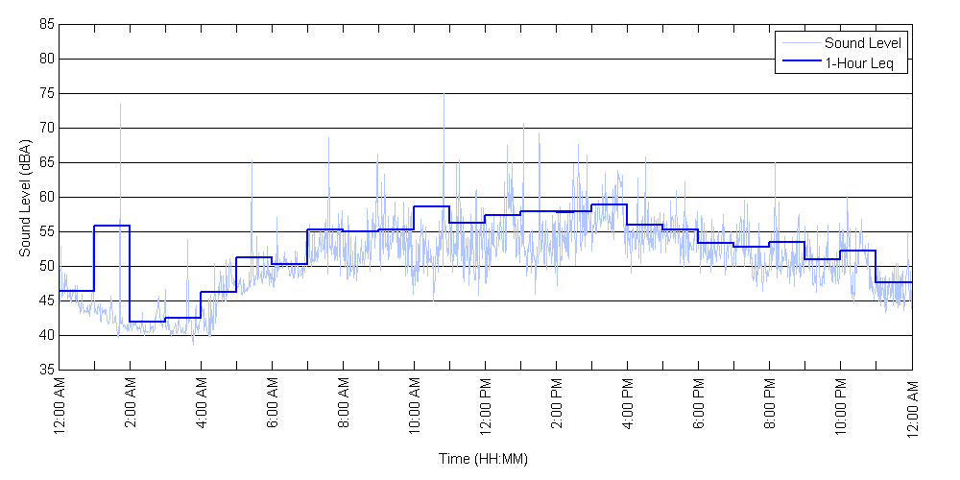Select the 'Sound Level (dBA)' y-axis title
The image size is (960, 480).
pyautogui.click(x=25, y=197)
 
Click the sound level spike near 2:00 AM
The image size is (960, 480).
pyautogui.click(x=120, y=106)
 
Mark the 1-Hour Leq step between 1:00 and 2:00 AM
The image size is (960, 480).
pyautogui.click(x=112, y=226)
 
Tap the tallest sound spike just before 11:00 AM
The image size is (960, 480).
pyautogui.click(x=444, y=95)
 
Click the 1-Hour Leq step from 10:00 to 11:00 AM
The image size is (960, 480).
pyautogui.click(x=431, y=206)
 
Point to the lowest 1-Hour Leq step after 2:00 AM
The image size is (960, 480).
pyautogui.click(x=147, y=322)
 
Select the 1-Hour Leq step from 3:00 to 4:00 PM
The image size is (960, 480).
pyautogui.click(x=609, y=204)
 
